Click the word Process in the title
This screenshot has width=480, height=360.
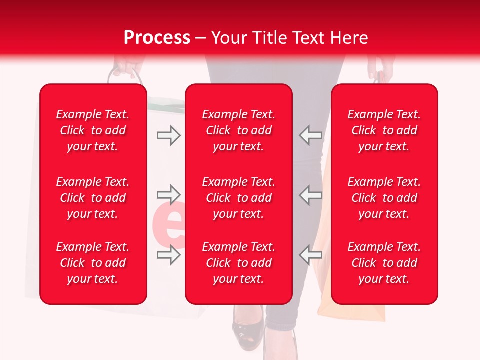pos(157,37)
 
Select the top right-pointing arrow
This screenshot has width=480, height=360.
pos(168,135)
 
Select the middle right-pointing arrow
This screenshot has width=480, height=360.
pos(168,194)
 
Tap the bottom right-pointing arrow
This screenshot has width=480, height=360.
pos(168,255)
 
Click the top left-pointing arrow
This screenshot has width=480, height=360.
pos(310,135)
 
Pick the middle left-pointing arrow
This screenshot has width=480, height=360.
pos(310,194)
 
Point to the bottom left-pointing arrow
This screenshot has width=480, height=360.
pos(310,255)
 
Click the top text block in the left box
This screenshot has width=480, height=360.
pos(93,130)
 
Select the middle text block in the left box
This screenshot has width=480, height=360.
pos(93,198)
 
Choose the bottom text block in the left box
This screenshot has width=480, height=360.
pos(93,263)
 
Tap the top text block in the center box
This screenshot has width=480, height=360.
pos(238,130)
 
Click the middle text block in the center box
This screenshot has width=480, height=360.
pos(238,198)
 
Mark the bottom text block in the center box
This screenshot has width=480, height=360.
pos(238,263)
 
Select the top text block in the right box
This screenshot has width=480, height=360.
pos(384,130)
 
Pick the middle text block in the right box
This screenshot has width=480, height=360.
pos(384,198)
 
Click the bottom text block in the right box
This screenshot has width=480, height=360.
pos(384,263)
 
